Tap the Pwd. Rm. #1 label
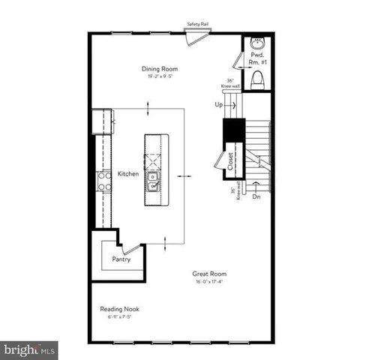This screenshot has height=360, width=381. click(258, 59)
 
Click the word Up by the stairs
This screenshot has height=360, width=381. click(219, 104)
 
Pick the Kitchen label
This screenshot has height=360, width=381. click(128, 174)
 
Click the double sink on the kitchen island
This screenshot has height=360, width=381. click(152, 180)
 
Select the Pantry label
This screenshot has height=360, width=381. click(121, 260)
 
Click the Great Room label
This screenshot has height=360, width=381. click(209, 274)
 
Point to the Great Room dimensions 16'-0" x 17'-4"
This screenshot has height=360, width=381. click(209, 282)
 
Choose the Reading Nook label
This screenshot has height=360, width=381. click(120, 309)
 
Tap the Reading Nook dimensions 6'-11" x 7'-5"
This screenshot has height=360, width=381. click(120, 317)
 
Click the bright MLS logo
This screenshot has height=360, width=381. click(30, 349)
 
